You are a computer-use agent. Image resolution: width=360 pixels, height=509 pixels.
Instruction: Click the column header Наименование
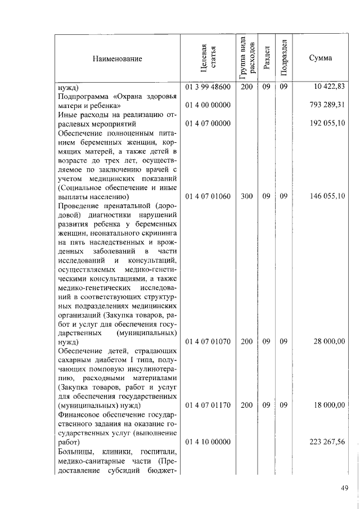coord(118,58)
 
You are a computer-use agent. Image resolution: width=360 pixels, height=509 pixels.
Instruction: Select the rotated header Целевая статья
coord(208,58)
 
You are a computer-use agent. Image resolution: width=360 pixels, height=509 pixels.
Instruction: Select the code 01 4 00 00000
coord(208,105)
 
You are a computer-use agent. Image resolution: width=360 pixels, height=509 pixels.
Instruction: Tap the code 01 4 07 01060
coord(208,196)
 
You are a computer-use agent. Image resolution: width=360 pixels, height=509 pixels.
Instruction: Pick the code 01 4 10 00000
coord(208,442)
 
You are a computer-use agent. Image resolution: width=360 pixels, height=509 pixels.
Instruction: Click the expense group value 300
coord(246,196)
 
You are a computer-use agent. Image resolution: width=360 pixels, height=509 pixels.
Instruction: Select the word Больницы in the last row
coord(75,451)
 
